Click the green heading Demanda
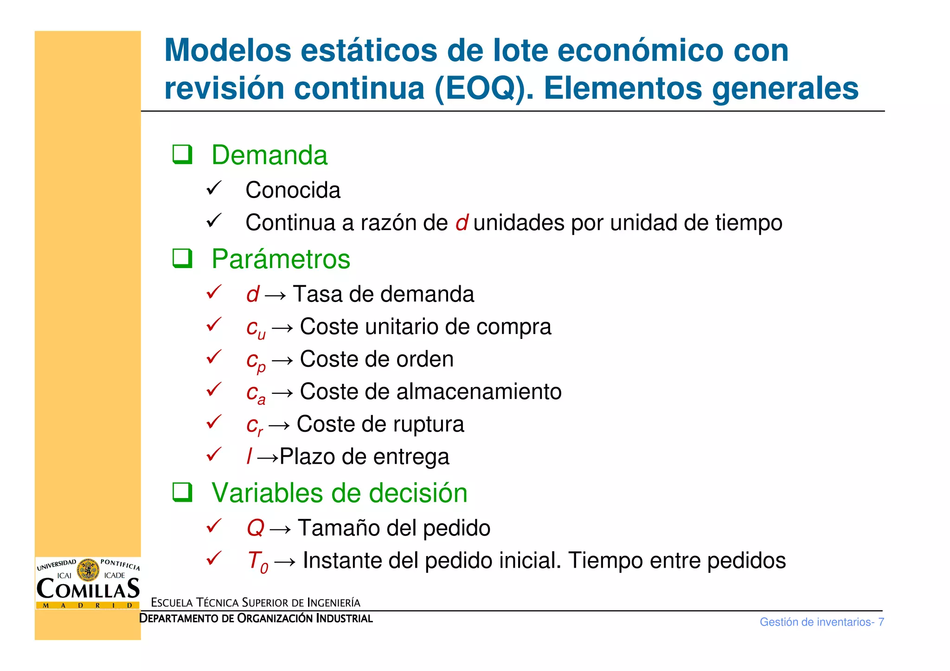269,155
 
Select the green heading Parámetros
281,259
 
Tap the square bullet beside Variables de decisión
182,492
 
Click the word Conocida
293,190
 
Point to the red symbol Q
255,528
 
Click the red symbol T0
257,562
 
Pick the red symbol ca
256,393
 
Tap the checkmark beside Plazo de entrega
214,455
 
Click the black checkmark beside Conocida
214,188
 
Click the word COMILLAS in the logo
88,589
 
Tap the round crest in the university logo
88,570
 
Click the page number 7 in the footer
881,622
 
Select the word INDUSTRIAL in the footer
344,619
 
